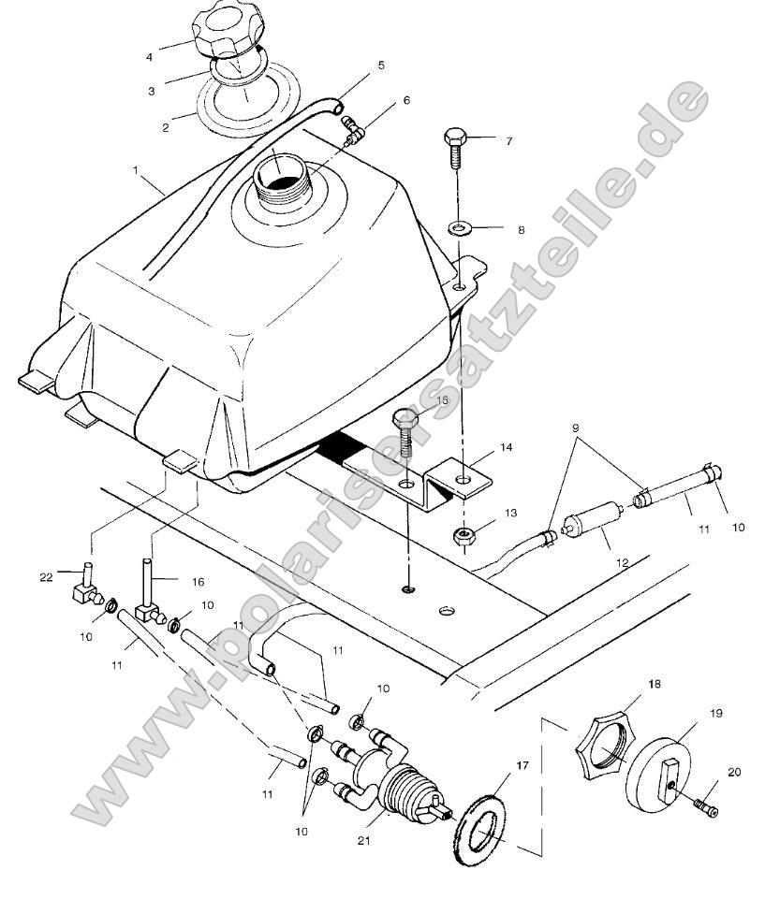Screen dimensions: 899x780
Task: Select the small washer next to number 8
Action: click(x=459, y=226)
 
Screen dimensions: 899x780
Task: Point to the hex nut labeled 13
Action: click(x=462, y=535)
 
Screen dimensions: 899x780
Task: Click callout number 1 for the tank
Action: click(x=136, y=171)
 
